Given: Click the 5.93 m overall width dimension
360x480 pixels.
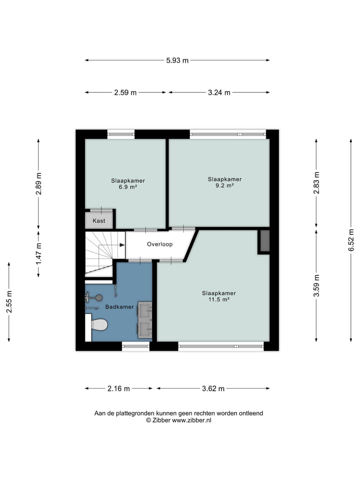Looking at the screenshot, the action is coord(177,60).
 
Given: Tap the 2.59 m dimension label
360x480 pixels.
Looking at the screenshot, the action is coord(125,92).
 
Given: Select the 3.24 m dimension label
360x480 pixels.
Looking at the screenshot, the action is coord(219,92).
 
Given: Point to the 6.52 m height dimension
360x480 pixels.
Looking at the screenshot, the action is coord(351,240).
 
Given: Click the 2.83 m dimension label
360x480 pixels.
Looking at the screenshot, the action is coord(316,183).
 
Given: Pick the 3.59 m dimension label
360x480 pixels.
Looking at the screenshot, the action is coord(316,285).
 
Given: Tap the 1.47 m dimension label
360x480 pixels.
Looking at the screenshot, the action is coord(38,254).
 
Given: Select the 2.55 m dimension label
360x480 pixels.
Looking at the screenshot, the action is coord(9,302).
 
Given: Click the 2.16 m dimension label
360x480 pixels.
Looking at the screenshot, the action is coord(118,388).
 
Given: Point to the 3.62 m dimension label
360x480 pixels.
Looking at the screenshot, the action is coord(213,388).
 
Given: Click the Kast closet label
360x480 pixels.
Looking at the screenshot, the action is coord(99,220).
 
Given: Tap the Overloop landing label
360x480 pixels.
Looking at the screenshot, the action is coord(160,244).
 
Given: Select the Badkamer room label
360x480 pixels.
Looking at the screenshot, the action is coord(119,306).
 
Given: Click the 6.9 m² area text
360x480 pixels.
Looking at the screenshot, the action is coord(128,186).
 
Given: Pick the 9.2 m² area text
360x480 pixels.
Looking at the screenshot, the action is coord(224,185).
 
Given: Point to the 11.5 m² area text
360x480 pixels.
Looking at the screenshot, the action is coord(219,299).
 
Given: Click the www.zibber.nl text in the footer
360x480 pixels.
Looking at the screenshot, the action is coord(191,420).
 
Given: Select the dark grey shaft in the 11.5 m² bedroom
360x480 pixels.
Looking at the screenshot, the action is coord(264,241).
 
